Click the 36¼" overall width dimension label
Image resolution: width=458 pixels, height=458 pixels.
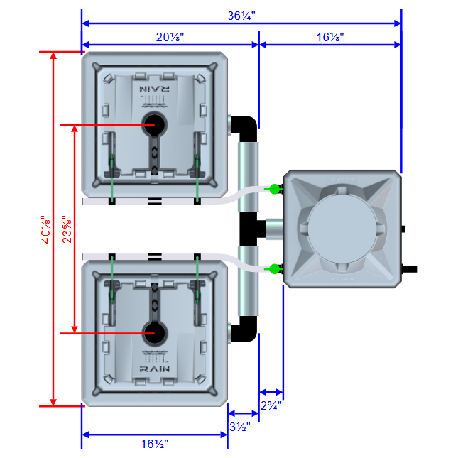pyautogui.click(x=242, y=14)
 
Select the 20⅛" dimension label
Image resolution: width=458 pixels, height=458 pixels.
pyautogui.click(x=170, y=38)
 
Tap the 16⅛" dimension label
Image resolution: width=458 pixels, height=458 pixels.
pyautogui.click(x=330, y=38)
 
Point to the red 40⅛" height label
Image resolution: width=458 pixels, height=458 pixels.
pyautogui.click(x=46, y=229)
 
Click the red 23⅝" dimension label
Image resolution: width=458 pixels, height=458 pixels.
pyautogui.click(x=67, y=229)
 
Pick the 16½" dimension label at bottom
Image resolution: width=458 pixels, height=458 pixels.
pyautogui.click(x=154, y=444)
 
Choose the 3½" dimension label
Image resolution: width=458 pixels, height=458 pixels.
pyautogui.click(x=239, y=427)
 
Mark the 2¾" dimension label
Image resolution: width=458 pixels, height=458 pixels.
pyautogui.click(x=271, y=405)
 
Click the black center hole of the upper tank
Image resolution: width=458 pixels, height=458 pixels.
pyautogui.click(x=153, y=125)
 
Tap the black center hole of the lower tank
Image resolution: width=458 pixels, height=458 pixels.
pyautogui.click(x=153, y=332)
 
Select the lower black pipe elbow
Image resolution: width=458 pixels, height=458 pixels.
pyautogui.click(x=245, y=329)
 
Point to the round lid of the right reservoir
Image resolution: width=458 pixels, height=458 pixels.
pyautogui.click(x=339, y=229)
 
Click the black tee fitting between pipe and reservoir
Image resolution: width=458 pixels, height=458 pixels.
pyautogui.click(x=252, y=229)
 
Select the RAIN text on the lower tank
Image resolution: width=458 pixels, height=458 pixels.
pyautogui.click(x=154, y=369)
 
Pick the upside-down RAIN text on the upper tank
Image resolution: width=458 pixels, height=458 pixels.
pyautogui.click(x=154, y=89)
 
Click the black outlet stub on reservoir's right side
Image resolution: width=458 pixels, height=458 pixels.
pyautogui.click(x=410, y=269)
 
